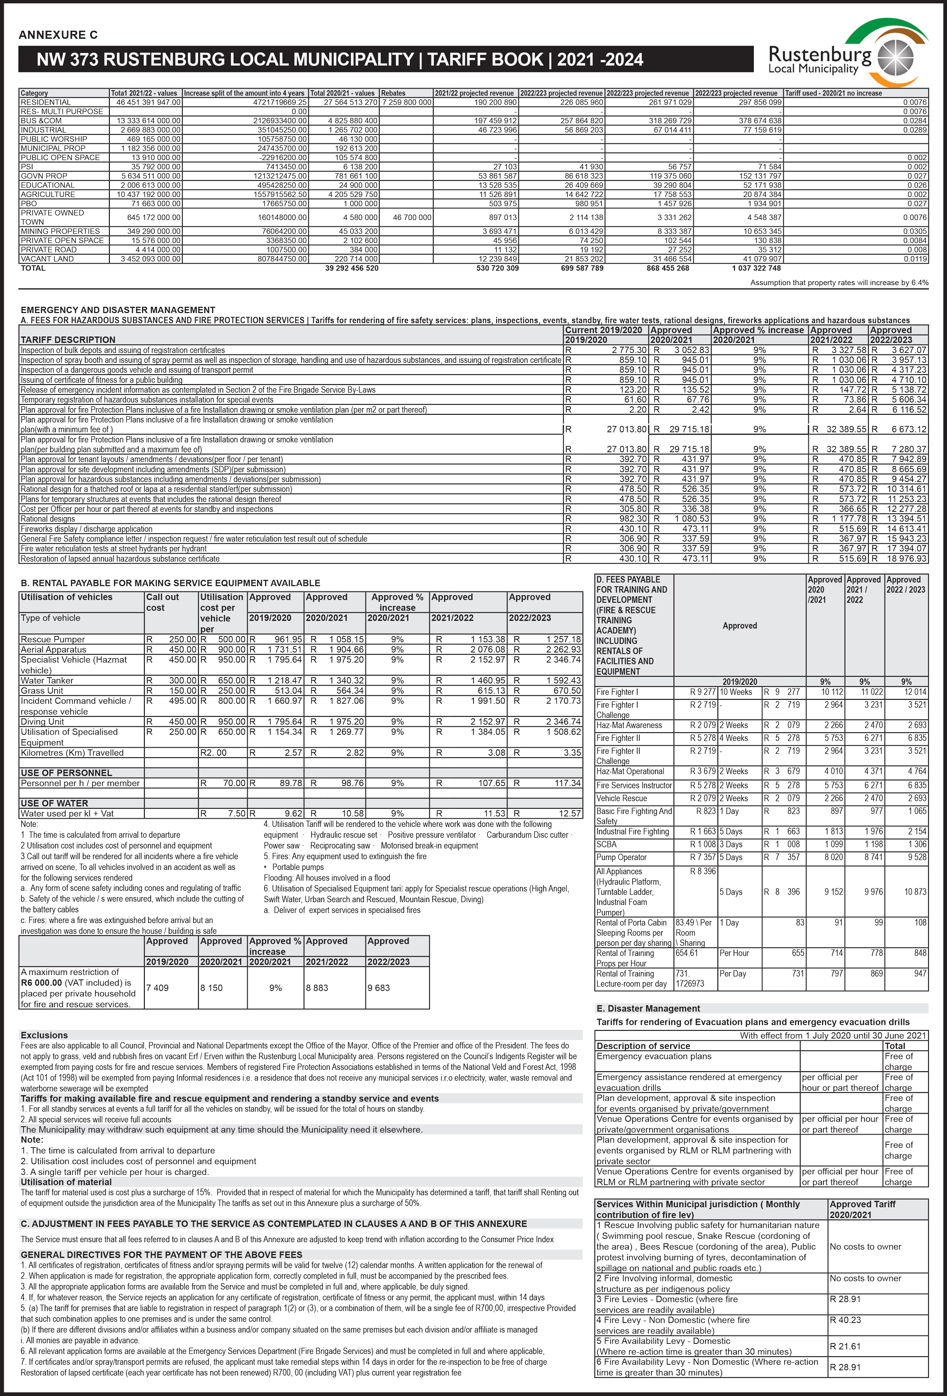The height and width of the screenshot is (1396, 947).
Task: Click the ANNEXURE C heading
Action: (58, 35)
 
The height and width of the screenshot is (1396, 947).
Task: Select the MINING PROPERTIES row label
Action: (60, 231)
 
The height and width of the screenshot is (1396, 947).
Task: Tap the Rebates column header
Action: (393, 93)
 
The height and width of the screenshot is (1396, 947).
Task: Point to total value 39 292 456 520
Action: (352, 268)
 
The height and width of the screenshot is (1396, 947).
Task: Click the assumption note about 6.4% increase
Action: (839, 282)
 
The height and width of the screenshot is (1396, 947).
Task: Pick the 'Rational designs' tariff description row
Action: (48, 519)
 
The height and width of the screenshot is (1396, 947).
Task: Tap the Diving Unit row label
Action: (42, 721)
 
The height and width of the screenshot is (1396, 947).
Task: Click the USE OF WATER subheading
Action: (54, 803)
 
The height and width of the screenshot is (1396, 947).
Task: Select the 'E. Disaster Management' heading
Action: (648, 1009)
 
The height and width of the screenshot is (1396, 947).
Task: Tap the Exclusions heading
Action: (44, 1035)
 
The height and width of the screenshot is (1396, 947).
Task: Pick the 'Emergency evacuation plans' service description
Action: (653, 1056)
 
